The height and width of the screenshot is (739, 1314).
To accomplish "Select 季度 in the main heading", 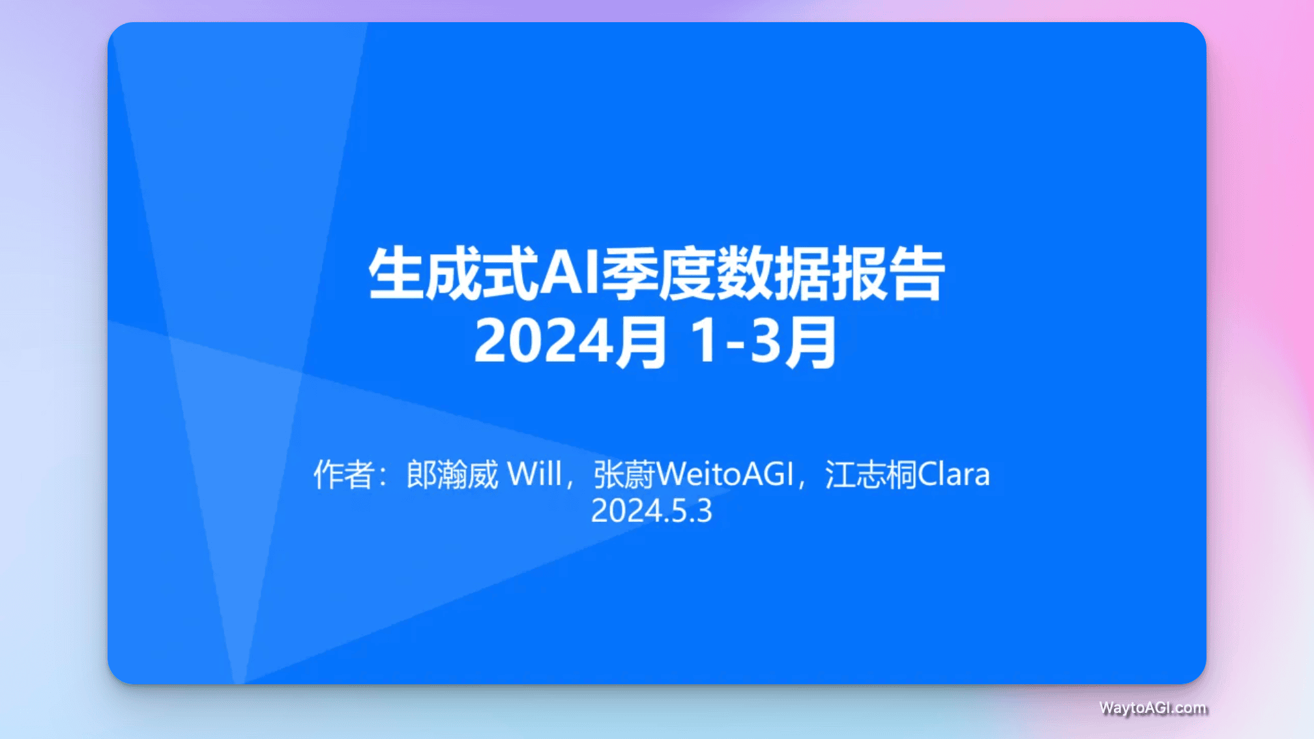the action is pyautogui.click(x=657, y=274).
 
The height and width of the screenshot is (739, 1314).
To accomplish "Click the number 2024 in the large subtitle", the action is pyautogui.click(x=543, y=341).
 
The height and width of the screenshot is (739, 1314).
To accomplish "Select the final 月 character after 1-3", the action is pyautogui.click(x=810, y=341).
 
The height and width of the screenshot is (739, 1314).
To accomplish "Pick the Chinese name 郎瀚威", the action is pyautogui.click(x=452, y=474).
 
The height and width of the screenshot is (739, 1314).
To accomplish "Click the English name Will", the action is pyautogui.click(x=534, y=474).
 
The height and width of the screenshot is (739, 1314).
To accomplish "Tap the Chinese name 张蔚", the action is pyautogui.click(x=624, y=474).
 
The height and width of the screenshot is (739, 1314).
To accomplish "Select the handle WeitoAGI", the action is pyautogui.click(x=725, y=474).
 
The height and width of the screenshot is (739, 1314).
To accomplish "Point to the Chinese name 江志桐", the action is pyautogui.click(x=871, y=474).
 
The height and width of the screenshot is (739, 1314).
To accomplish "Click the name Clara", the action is pyautogui.click(x=954, y=474).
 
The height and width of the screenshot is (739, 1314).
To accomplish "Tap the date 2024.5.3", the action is pyautogui.click(x=652, y=511).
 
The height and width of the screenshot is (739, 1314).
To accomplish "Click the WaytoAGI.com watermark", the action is pyautogui.click(x=1152, y=708).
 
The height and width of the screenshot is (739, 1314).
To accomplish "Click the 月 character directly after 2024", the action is pyautogui.click(x=641, y=341).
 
